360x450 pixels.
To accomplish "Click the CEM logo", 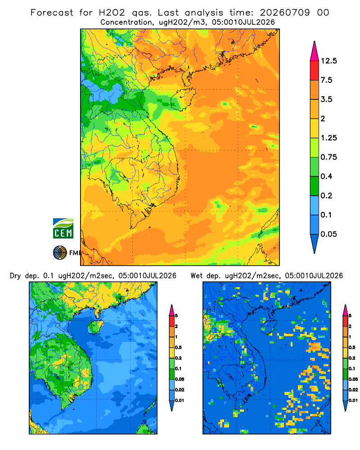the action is tap(63, 228).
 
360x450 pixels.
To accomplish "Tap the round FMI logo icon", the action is tap(60, 253).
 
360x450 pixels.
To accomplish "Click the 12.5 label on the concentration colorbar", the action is tap(328, 61).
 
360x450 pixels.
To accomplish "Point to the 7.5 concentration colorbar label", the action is tap(326, 80).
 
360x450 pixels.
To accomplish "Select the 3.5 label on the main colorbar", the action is tap(326, 99).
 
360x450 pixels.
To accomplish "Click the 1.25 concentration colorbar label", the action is tap(328, 138).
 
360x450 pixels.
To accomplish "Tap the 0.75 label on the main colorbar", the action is tap(328, 157).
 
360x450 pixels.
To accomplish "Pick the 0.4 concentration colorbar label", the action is tap(326, 176).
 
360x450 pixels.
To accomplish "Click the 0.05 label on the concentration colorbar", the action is tap(328, 234).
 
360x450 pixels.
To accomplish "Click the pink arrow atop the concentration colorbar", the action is tap(315, 51).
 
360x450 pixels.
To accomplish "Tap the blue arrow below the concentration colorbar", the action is tap(315, 244).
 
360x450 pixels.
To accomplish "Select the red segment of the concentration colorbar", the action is tap(315, 71).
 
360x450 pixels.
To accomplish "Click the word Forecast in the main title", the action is tap(52, 13).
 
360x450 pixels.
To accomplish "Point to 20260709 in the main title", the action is tap(285, 13).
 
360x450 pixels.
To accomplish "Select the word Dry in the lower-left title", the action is tap(15, 276).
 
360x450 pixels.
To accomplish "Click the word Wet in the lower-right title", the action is tap(197, 276).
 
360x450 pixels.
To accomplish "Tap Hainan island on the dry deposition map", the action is tap(95, 327).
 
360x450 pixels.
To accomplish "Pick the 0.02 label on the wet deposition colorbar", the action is tap(353, 390).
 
